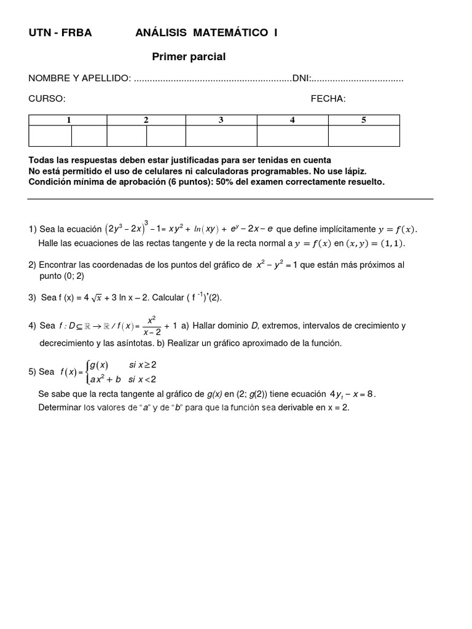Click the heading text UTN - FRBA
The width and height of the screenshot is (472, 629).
[x=60, y=33]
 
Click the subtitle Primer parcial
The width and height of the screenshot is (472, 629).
[x=189, y=57]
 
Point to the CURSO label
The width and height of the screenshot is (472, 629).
[x=47, y=99]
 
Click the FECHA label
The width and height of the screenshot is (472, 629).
[x=328, y=99]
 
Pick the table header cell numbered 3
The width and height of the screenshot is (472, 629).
[x=221, y=120]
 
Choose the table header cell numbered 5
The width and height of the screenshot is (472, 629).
[x=364, y=120]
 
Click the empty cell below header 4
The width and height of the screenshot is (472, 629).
[x=293, y=136]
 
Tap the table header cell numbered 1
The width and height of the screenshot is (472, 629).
[x=68, y=120]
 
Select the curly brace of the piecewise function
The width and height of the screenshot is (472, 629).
[x=85, y=372]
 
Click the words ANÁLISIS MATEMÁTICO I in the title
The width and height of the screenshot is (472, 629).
[x=206, y=33]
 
